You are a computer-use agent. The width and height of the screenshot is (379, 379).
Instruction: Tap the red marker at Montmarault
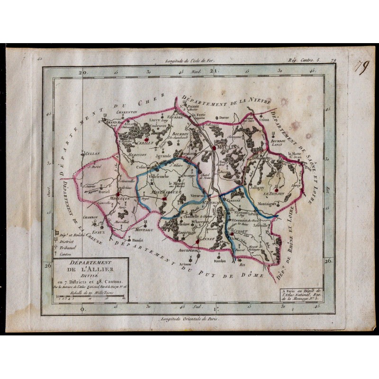[x=164, y=199]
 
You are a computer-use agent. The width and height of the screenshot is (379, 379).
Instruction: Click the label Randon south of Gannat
[x=220, y=260]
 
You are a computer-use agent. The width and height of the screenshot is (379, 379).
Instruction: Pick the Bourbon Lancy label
[x=280, y=143]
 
